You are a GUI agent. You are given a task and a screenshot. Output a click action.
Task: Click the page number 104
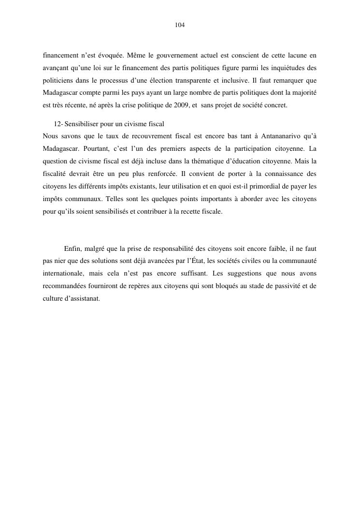[x=180, y=25]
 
